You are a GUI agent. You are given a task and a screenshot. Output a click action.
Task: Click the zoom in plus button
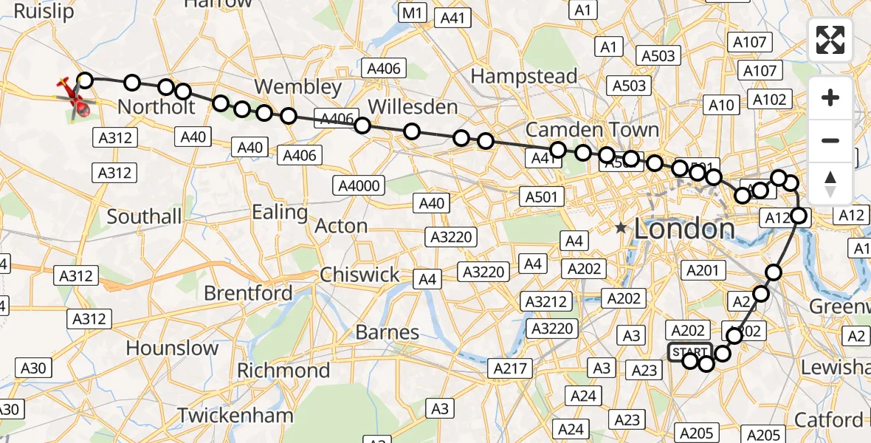point(830,97)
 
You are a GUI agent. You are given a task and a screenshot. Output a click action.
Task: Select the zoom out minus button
point(830,140)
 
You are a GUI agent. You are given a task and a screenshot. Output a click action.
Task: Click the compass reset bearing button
point(830,182)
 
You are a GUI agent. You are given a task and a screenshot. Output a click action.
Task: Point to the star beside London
point(621,229)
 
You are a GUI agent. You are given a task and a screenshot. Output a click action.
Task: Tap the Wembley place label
point(299,87)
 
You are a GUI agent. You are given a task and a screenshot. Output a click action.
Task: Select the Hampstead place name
point(523,76)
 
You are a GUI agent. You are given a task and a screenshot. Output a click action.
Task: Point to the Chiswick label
point(359,275)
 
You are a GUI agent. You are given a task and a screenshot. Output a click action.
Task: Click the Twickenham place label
point(235,416)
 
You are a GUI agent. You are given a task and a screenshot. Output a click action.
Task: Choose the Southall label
point(144,216)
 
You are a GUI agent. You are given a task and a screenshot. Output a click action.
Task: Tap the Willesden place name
point(413,107)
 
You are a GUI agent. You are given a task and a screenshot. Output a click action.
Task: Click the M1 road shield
point(413,12)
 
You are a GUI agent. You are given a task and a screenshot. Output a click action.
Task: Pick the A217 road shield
point(510,367)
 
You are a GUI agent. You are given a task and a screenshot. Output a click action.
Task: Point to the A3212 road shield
point(546,301)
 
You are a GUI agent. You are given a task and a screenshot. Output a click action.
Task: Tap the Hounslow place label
point(172,348)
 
